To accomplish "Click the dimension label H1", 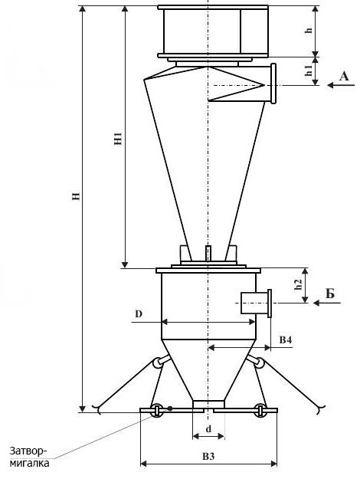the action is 118,139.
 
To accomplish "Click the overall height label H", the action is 76,195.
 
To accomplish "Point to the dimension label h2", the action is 298,284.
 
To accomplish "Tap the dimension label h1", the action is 309,71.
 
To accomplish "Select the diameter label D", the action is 139,313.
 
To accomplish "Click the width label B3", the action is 208,457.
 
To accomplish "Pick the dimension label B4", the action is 286,340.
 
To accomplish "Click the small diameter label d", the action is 208,429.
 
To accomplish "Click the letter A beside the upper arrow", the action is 344,76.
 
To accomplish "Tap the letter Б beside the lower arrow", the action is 330,294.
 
